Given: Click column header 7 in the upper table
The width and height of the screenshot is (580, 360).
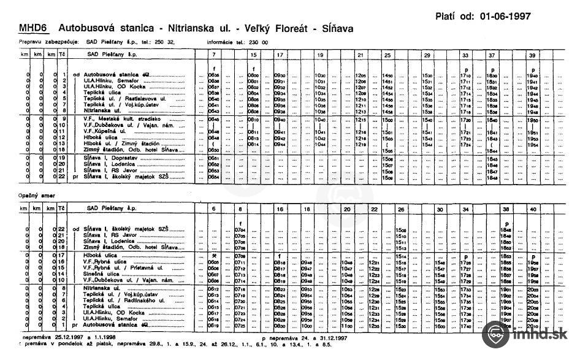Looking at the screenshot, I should [213, 55].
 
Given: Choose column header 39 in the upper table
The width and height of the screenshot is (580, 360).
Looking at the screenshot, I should [532, 55].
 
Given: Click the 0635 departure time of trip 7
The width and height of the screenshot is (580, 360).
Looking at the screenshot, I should [213, 75].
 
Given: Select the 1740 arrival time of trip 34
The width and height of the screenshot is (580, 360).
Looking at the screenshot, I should [467, 327].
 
